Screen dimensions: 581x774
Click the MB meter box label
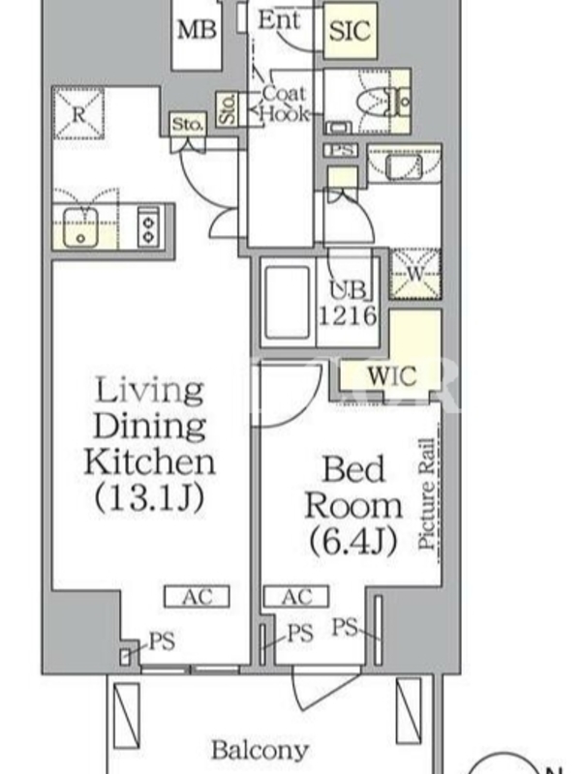(x=197, y=30)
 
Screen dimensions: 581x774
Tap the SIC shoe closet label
(x=350, y=31)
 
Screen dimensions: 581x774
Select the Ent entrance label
(x=279, y=20)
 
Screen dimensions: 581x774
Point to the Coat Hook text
(x=284, y=104)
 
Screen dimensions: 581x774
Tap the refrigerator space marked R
(x=78, y=114)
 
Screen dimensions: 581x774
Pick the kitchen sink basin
(x=81, y=226)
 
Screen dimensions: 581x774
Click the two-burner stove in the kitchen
(x=149, y=226)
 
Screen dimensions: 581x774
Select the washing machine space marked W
(x=415, y=274)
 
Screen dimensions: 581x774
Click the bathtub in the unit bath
(x=287, y=302)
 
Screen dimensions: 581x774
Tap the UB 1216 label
(x=349, y=303)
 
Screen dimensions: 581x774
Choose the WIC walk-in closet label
(x=392, y=376)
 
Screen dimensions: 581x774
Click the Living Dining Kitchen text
(x=149, y=426)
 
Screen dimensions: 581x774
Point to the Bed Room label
(x=353, y=488)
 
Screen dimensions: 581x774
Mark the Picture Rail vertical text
(x=426, y=493)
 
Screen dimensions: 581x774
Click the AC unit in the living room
(x=197, y=596)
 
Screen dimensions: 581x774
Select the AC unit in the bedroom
(x=296, y=596)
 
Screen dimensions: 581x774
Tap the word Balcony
(x=260, y=751)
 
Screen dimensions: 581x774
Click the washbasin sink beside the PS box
(x=404, y=166)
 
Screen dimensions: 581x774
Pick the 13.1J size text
(x=149, y=497)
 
